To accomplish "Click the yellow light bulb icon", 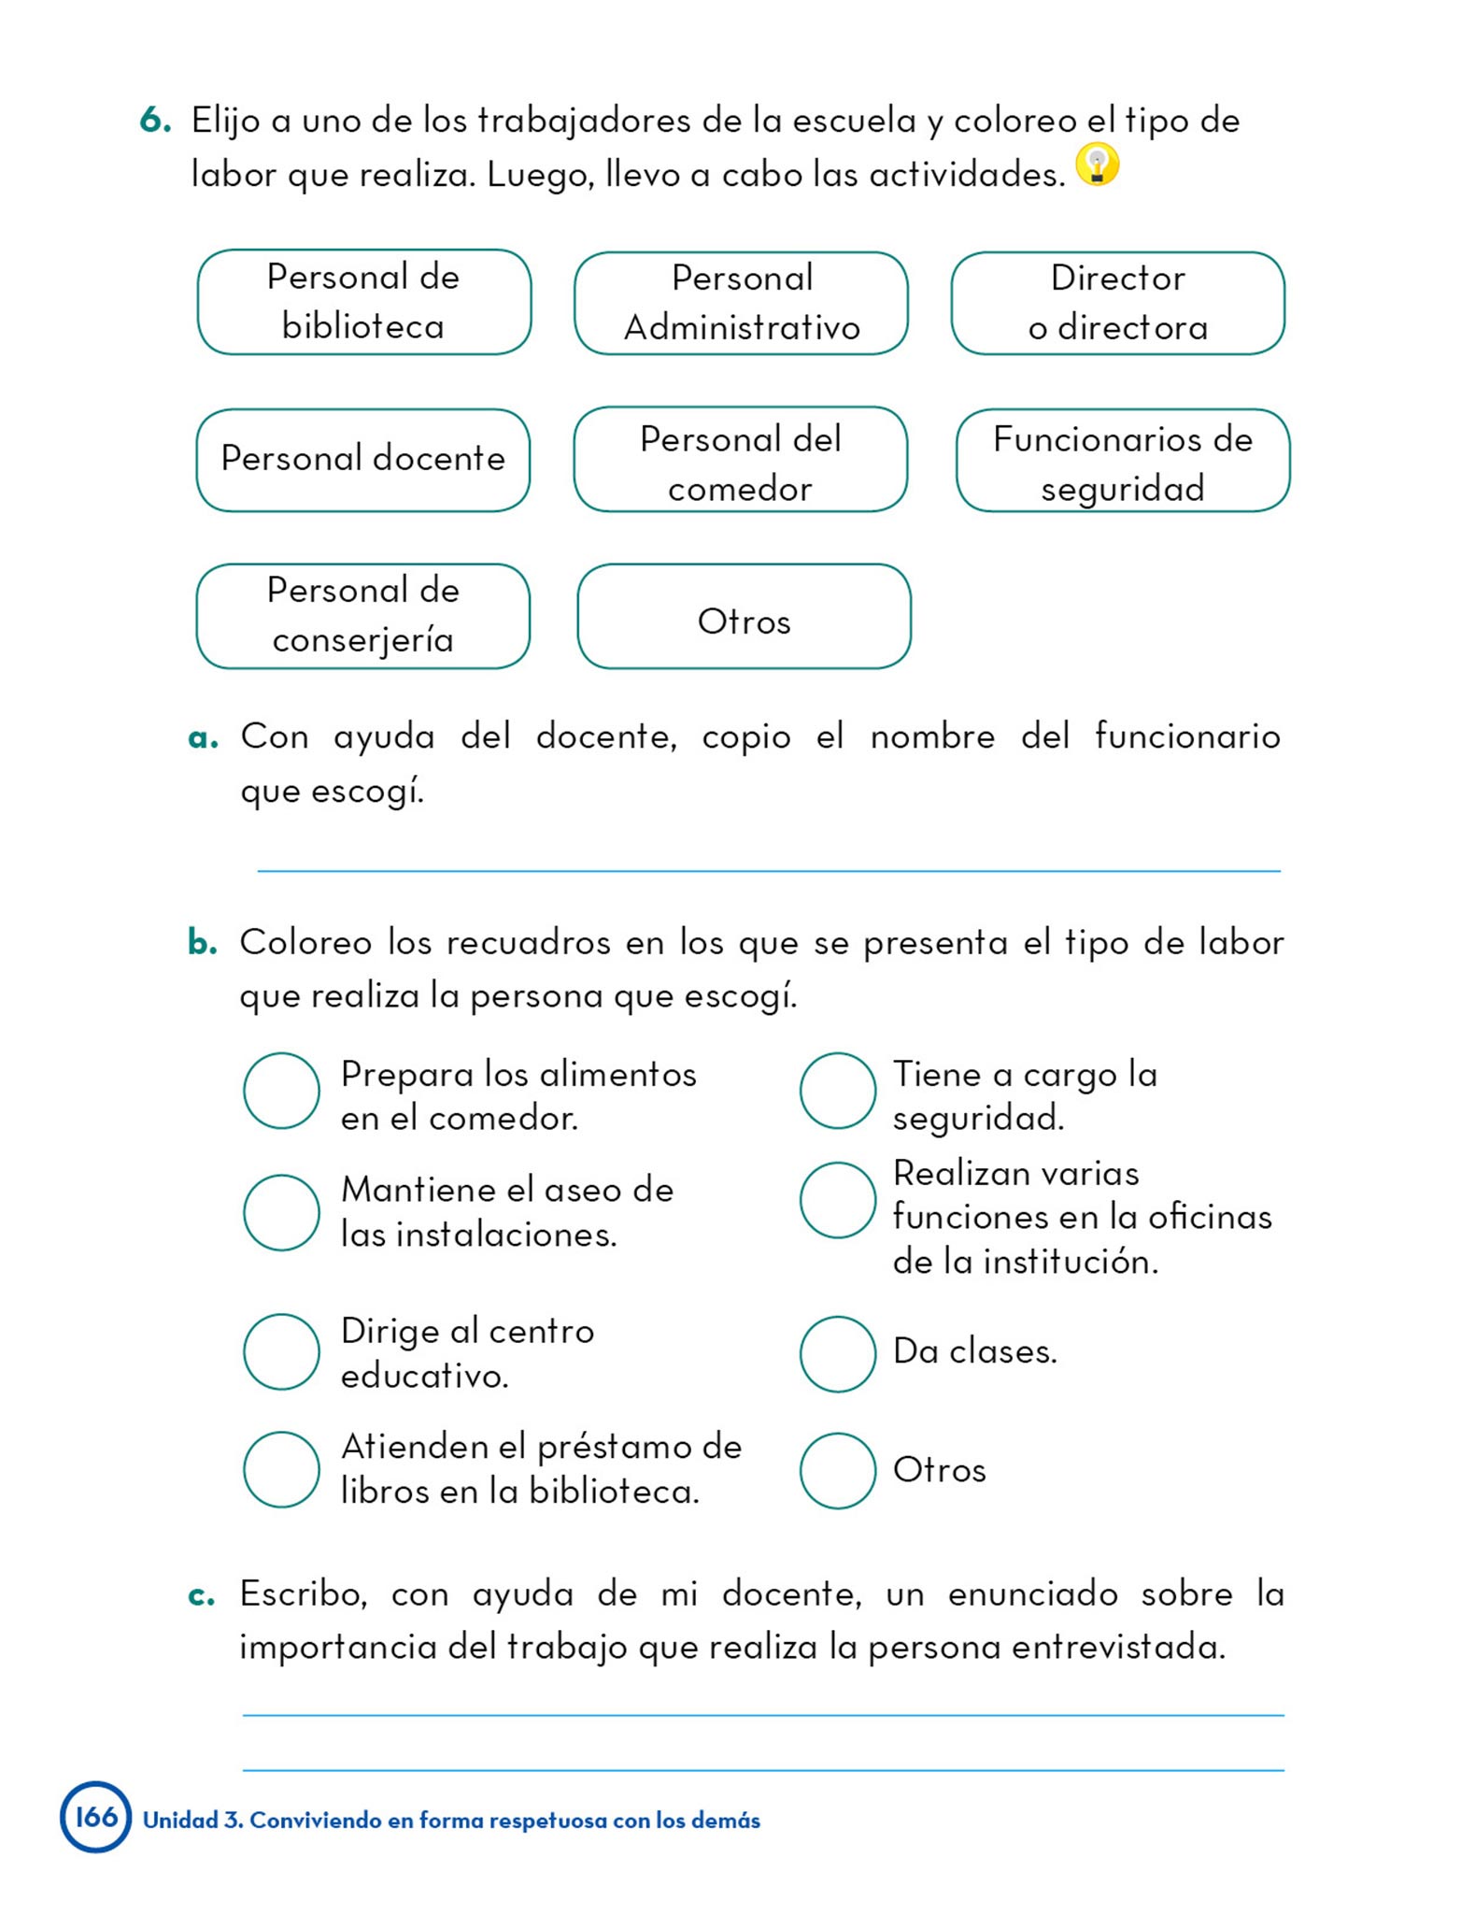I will click(1097, 164).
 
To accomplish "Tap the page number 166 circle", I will click(95, 1817).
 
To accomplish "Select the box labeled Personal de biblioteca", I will click(364, 302).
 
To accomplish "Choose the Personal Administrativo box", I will click(741, 303).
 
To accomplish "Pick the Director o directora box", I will click(1117, 303).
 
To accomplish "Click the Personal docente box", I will click(362, 460).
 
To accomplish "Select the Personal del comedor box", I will click(740, 460).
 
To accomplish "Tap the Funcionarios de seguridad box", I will click(1122, 460).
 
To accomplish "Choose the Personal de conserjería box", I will click(362, 616).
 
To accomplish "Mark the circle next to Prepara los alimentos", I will click(281, 1091).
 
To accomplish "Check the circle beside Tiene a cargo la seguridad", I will click(837, 1091).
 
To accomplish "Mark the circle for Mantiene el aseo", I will click(281, 1212).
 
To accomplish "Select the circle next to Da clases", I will click(837, 1353).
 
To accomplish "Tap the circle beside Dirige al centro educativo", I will click(281, 1351).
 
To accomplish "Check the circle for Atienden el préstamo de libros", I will click(281, 1469).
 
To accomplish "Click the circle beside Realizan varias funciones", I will click(837, 1200).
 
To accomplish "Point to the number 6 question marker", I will click(155, 121).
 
